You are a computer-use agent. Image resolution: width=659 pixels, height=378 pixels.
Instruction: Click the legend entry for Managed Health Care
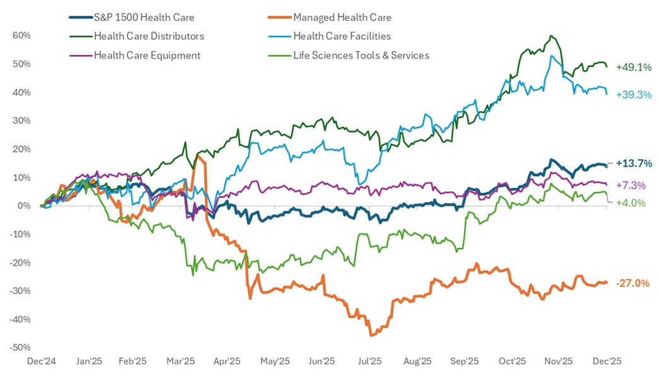pos(342,18)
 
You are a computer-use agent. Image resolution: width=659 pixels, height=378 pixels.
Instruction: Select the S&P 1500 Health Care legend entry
pos(144,18)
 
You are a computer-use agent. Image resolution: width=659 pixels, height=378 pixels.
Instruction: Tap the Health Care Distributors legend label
pos(149,36)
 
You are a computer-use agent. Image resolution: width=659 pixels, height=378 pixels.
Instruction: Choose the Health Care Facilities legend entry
pos(342,36)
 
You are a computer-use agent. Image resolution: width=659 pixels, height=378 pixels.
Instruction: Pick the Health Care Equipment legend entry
pos(147,55)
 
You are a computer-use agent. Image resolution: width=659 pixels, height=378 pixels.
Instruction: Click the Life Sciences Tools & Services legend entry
pos(361,55)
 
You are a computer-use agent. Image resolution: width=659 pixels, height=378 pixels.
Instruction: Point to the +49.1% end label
pos(633,67)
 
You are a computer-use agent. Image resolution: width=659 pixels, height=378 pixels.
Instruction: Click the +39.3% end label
pos(633,95)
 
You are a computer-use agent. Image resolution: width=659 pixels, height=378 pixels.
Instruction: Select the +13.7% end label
pos(633,163)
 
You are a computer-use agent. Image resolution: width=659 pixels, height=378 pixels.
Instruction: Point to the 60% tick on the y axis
pos(21,35)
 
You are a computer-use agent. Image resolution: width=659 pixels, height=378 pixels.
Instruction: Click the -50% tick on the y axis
pos(20,348)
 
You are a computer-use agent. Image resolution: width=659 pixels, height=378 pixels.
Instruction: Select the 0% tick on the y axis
pos(24,206)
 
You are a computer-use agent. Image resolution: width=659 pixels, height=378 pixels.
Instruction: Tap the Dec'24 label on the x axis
pos(42,362)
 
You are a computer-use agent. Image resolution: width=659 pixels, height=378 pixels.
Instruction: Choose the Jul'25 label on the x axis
pos(371,362)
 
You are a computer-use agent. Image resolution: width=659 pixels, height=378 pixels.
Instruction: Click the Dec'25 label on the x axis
pos(606,362)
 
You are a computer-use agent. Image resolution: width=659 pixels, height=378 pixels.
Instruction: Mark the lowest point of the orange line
pos(371,335)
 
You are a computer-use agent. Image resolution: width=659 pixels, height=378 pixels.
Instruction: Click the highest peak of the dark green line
pos(552,36)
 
